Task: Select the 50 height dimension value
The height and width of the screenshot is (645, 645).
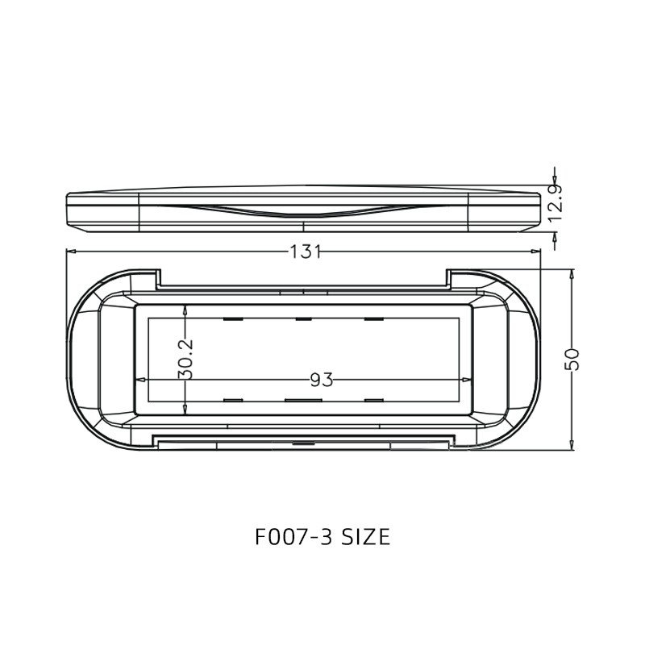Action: [x=572, y=359]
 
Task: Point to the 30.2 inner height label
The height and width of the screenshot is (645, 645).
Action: [x=185, y=359]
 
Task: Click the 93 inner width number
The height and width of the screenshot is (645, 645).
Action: [x=321, y=380]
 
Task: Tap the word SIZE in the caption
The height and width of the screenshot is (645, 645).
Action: [x=365, y=537]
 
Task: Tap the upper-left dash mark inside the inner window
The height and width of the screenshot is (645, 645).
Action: [x=233, y=319]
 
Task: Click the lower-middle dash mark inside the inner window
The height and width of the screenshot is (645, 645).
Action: [x=303, y=400]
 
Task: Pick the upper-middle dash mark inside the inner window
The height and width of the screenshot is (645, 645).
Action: [x=303, y=319]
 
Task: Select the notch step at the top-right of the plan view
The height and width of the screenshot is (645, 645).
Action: [x=448, y=279]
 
